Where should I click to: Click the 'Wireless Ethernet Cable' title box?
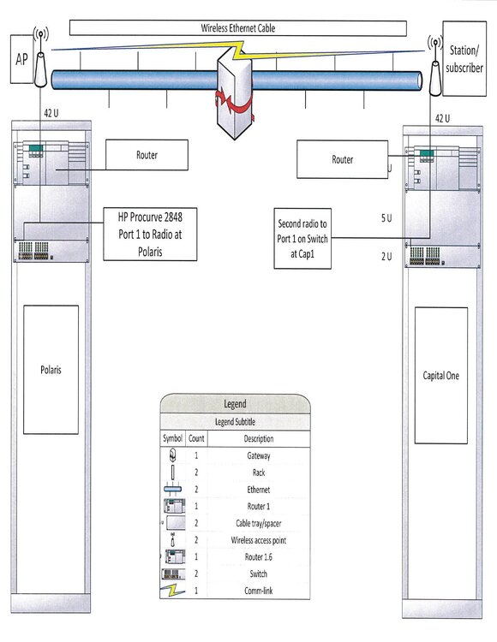coord(237,28)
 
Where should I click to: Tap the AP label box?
coord(21,59)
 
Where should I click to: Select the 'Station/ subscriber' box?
coord(464,58)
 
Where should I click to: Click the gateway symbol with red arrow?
coord(235,96)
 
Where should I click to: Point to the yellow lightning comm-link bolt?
coord(237,50)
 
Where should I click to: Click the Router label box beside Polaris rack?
coord(147,155)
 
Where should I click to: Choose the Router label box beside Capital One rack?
coord(342,159)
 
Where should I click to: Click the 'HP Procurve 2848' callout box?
coord(150,234)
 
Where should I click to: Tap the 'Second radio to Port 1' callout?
coord(302,238)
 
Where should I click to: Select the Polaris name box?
coord(51,370)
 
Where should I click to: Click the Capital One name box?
coord(440,376)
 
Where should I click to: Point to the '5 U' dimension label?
coord(386,217)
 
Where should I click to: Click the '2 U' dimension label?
coord(386,256)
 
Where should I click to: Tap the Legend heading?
coord(235,404)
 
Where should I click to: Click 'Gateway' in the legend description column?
coord(259,455)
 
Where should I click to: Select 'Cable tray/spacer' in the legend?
coord(259,523)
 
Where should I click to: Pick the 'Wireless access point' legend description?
coord(259,540)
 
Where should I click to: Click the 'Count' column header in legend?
coord(196,438)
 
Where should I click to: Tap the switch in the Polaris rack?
coord(51,251)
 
